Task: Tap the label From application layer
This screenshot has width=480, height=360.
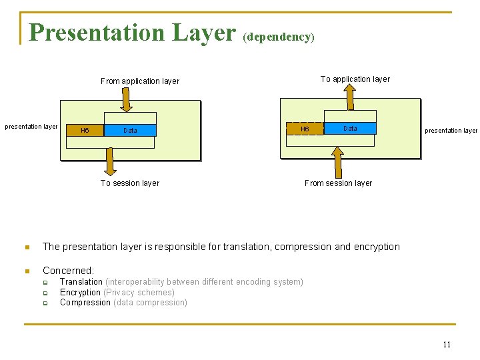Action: pos(140,81)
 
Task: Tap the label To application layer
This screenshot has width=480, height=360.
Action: pos(355,79)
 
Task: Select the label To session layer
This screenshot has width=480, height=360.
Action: pos(130,183)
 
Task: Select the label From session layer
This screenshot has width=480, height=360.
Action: pos(338,183)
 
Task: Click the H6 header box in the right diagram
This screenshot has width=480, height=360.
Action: pos(305,129)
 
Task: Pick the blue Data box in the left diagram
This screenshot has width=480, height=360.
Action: pos(130,131)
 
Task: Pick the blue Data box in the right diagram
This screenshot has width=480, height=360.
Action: pos(351,128)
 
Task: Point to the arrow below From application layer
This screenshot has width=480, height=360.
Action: pos(126,100)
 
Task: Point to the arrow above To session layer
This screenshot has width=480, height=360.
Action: pos(109,161)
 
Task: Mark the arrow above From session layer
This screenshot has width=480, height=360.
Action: pos(338,161)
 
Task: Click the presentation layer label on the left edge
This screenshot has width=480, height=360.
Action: pos(31,127)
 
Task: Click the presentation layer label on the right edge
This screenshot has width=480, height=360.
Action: pos(451,131)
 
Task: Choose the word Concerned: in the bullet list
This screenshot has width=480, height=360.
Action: pos(68,271)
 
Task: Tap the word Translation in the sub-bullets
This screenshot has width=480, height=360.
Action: pos(81,282)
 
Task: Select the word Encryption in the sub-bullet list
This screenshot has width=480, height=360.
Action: pos(80,292)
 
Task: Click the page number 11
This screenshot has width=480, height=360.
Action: pos(447,345)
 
